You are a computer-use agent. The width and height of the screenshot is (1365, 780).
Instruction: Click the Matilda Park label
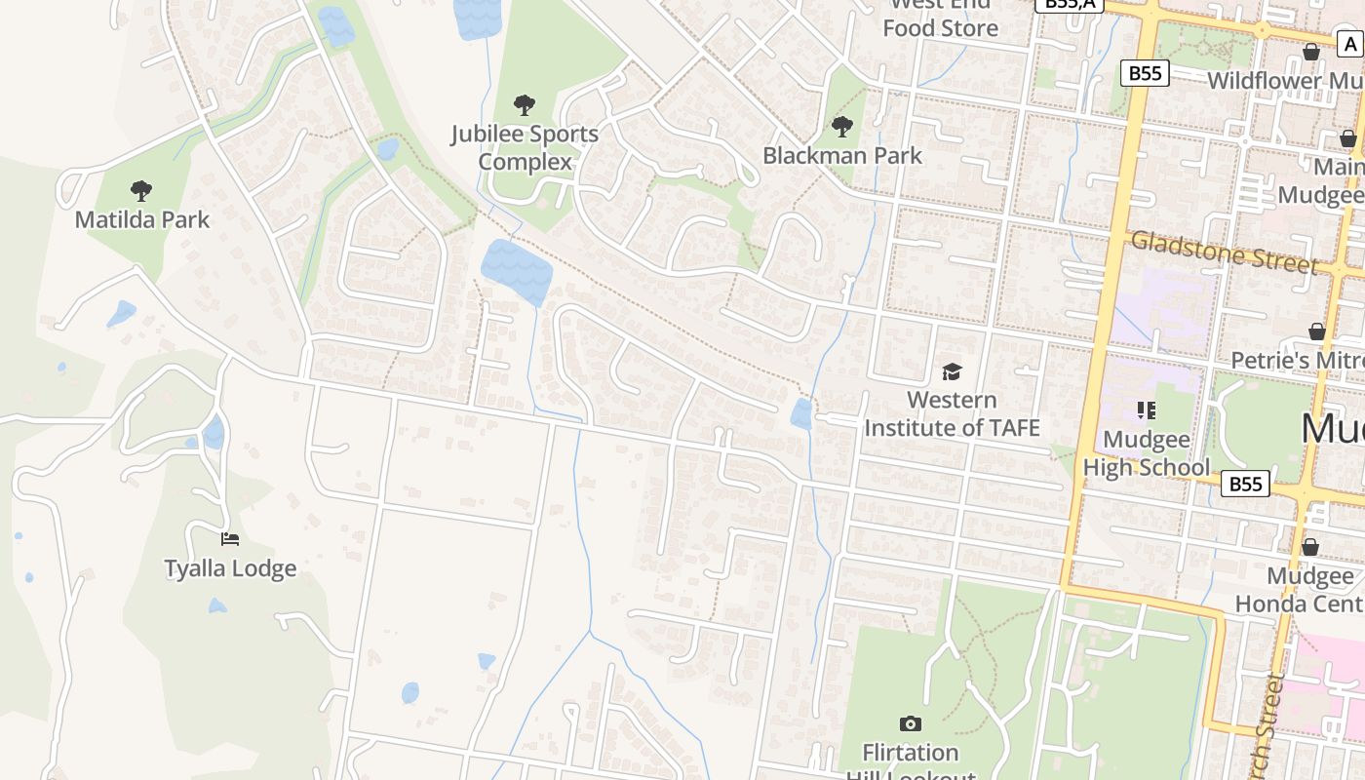click(x=142, y=219)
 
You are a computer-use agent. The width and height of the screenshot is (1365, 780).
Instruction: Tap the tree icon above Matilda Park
click(x=141, y=190)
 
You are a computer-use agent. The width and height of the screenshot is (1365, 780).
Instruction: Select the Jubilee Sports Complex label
click(x=525, y=147)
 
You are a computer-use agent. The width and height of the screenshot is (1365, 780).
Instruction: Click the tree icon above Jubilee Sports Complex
click(x=525, y=104)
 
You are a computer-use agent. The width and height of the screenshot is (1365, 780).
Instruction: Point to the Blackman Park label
click(x=842, y=155)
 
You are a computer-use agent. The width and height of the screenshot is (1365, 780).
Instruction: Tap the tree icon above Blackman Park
click(x=842, y=126)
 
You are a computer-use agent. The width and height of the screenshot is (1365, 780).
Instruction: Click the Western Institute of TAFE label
click(x=952, y=413)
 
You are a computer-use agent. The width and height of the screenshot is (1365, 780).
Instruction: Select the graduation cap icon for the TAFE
click(x=952, y=371)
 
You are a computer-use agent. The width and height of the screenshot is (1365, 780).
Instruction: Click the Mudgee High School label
click(x=1147, y=453)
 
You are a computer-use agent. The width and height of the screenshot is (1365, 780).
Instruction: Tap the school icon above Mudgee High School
click(x=1147, y=410)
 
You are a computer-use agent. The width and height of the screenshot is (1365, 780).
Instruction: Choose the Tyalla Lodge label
click(x=230, y=568)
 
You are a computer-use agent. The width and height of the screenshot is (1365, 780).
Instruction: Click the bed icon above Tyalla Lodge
click(x=230, y=538)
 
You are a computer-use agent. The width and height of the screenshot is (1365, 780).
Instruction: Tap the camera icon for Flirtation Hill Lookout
click(x=910, y=723)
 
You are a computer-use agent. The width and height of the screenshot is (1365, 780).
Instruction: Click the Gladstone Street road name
click(x=1225, y=253)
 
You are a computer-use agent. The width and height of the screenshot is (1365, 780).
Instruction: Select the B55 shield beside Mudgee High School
click(x=1246, y=484)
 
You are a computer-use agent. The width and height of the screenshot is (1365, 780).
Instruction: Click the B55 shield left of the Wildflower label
click(x=1145, y=73)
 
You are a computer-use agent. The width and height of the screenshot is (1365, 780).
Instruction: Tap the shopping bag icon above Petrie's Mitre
click(x=1317, y=331)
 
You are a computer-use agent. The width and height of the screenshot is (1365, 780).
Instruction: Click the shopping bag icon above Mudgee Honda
click(x=1310, y=547)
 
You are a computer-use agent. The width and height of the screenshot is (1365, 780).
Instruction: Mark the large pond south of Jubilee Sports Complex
click(x=516, y=268)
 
